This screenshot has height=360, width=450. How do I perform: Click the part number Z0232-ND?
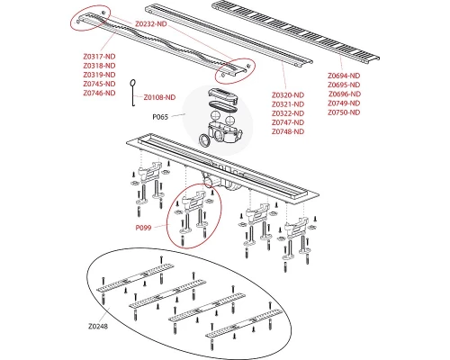(151, 24)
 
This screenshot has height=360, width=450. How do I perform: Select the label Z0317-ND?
(99, 57)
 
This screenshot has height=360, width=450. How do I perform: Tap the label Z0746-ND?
(99, 93)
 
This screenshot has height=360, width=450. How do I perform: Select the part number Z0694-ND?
(344, 76)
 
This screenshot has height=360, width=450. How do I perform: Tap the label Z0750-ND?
(344, 112)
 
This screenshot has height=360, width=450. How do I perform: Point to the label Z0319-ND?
(99, 75)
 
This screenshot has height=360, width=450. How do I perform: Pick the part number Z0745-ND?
(99, 84)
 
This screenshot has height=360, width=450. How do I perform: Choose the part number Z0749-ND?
(344, 103)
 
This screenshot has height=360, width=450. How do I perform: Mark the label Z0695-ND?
(344, 85)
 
